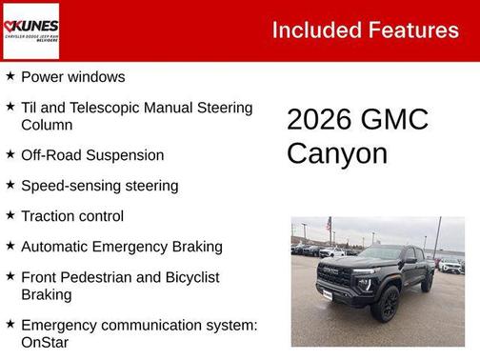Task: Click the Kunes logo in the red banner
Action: pyautogui.click(x=31, y=30)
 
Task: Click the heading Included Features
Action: pyautogui.click(x=365, y=30)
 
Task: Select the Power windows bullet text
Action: pyautogui.click(x=72, y=77)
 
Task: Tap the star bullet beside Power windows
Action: pyautogui.click(x=10, y=75)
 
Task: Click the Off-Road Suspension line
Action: pyautogui.click(x=92, y=155)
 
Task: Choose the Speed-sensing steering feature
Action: pyautogui.click(x=99, y=186)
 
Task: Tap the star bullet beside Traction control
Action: pyautogui.click(x=10, y=214)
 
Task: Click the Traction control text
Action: pyautogui.click(x=72, y=216)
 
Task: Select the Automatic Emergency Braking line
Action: pyautogui.click(x=121, y=247)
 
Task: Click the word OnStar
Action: pyautogui.click(x=45, y=342)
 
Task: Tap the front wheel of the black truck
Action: pyautogui.click(x=388, y=303)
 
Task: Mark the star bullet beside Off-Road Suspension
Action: pyautogui.click(x=10, y=153)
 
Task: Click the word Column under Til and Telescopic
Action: pyautogui.click(x=47, y=125)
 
